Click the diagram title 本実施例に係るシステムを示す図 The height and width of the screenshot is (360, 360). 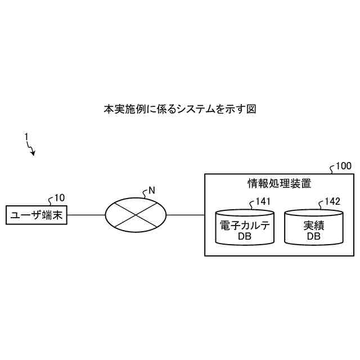(x=179, y=109)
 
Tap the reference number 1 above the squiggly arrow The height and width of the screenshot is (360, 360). (x=25, y=136)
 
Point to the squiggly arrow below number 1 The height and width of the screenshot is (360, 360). (x=31, y=148)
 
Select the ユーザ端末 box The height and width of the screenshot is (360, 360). (x=37, y=215)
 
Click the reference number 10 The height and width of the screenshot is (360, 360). (x=60, y=197)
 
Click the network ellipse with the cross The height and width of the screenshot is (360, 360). (x=136, y=215)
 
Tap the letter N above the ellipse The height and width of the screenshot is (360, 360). (x=151, y=191)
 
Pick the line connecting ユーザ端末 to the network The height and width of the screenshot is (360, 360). (x=86, y=215)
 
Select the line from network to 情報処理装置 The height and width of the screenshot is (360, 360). (x=186, y=215)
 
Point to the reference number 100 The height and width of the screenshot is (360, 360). (x=343, y=166)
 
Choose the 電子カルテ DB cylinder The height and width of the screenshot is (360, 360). (x=245, y=228)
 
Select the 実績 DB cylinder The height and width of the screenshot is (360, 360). (x=314, y=228)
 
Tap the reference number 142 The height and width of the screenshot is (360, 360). (x=332, y=201)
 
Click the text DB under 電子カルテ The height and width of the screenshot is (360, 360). (x=245, y=237)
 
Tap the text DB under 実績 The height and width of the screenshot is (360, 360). (x=314, y=237)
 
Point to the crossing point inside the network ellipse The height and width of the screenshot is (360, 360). (x=136, y=215)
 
